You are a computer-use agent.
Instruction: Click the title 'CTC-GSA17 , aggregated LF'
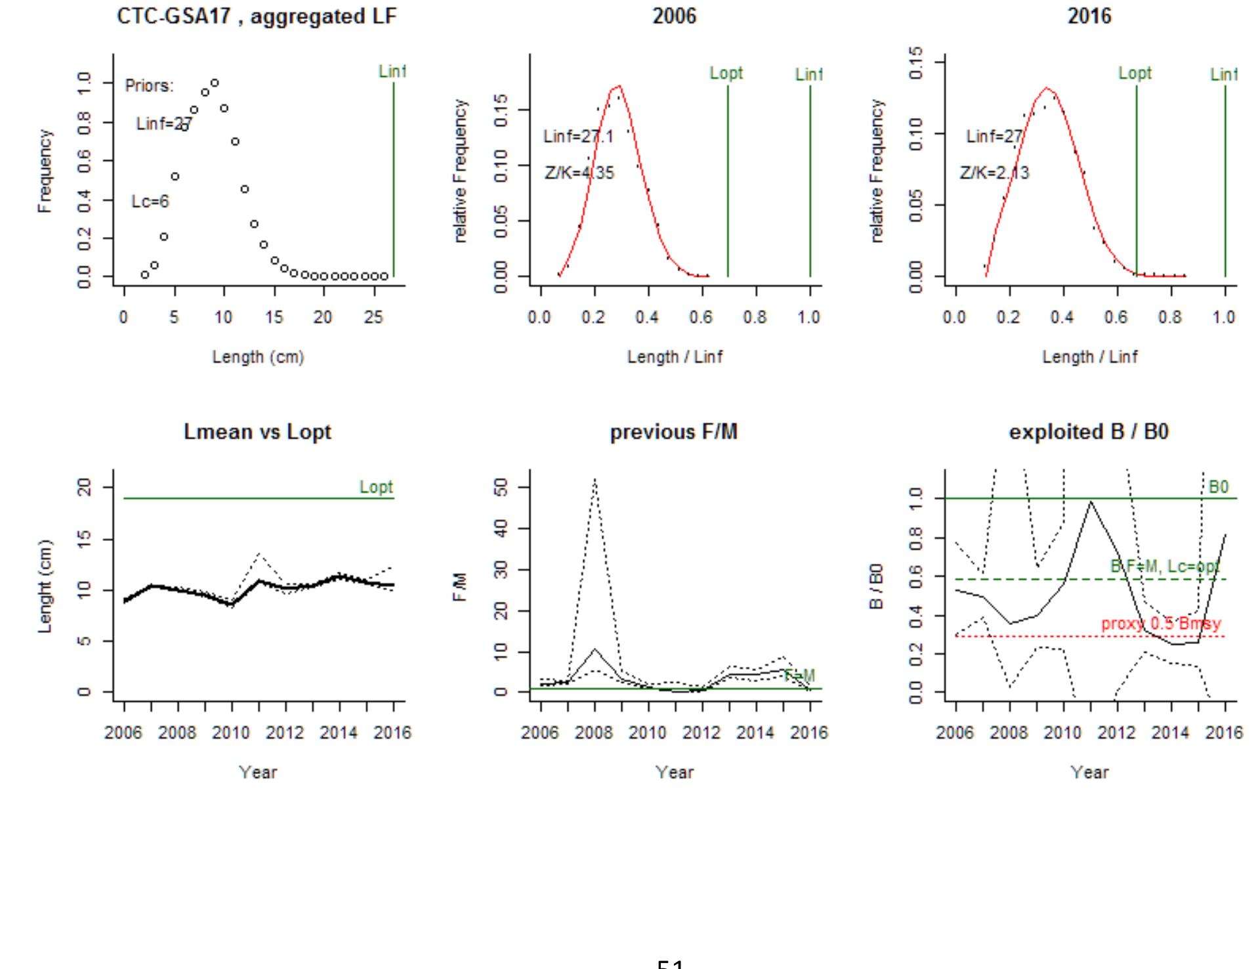pyautogui.click(x=257, y=17)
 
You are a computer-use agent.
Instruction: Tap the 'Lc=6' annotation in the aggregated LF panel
pyautogui.click(x=150, y=202)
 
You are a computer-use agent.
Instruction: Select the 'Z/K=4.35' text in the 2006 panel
pyautogui.click(x=579, y=173)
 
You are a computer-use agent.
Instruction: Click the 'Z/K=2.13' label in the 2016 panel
pyautogui.click(x=994, y=173)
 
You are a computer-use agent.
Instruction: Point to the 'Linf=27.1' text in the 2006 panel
pyautogui.click(x=578, y=137)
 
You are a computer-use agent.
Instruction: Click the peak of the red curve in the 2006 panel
pyautogui.click(x=618, y=86)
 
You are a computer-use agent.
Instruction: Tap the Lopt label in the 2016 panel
pyautogui.click(x=1135, y=74)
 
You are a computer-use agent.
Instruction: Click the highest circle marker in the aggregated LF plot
pyautogui.click(x=215, y=83)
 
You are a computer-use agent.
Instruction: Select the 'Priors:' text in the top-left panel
pyautogui.click(x=150, y=86)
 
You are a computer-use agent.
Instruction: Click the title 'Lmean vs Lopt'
pyautogui.click(x=257, y=432)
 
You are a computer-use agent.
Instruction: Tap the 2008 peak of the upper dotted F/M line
pyautogui.click(x=595, y=479)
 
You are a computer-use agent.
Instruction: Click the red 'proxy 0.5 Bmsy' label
pyautogui.click(x=1161, y=624)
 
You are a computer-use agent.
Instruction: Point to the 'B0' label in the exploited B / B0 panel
pyautogui.click(x=1218, y=487)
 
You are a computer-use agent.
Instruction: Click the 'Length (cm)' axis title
pyautogui.click(x=258, y=357)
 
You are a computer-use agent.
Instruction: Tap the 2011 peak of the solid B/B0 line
pyautogui.click(x=1091, y=502)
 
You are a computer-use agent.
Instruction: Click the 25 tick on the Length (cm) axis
pyautogui.click(x=373, y=318)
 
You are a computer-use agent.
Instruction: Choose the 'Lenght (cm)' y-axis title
pyautogui.click(x=45, y=586)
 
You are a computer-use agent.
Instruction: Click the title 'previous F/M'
pyautogui.click(x=673, y=432)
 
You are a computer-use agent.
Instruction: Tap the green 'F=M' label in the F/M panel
pyautogui.click(x=799, y=676)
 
